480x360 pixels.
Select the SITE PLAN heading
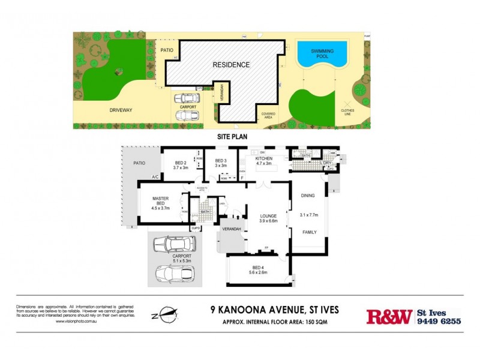pyautogui.click(x=232, y=137)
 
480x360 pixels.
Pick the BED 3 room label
pyautogui.click(x=221, y=162)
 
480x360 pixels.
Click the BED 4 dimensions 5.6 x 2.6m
pyautogui.click(x=257, y=271)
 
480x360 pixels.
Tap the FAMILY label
pyautogui.click(x=309, y=232)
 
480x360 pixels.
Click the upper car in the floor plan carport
pyautogui.click(x=175, y=244)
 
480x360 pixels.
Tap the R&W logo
pyautogui.click(x=389, y=316)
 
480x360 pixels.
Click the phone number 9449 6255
pyautogui.click(x=439, y=321)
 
